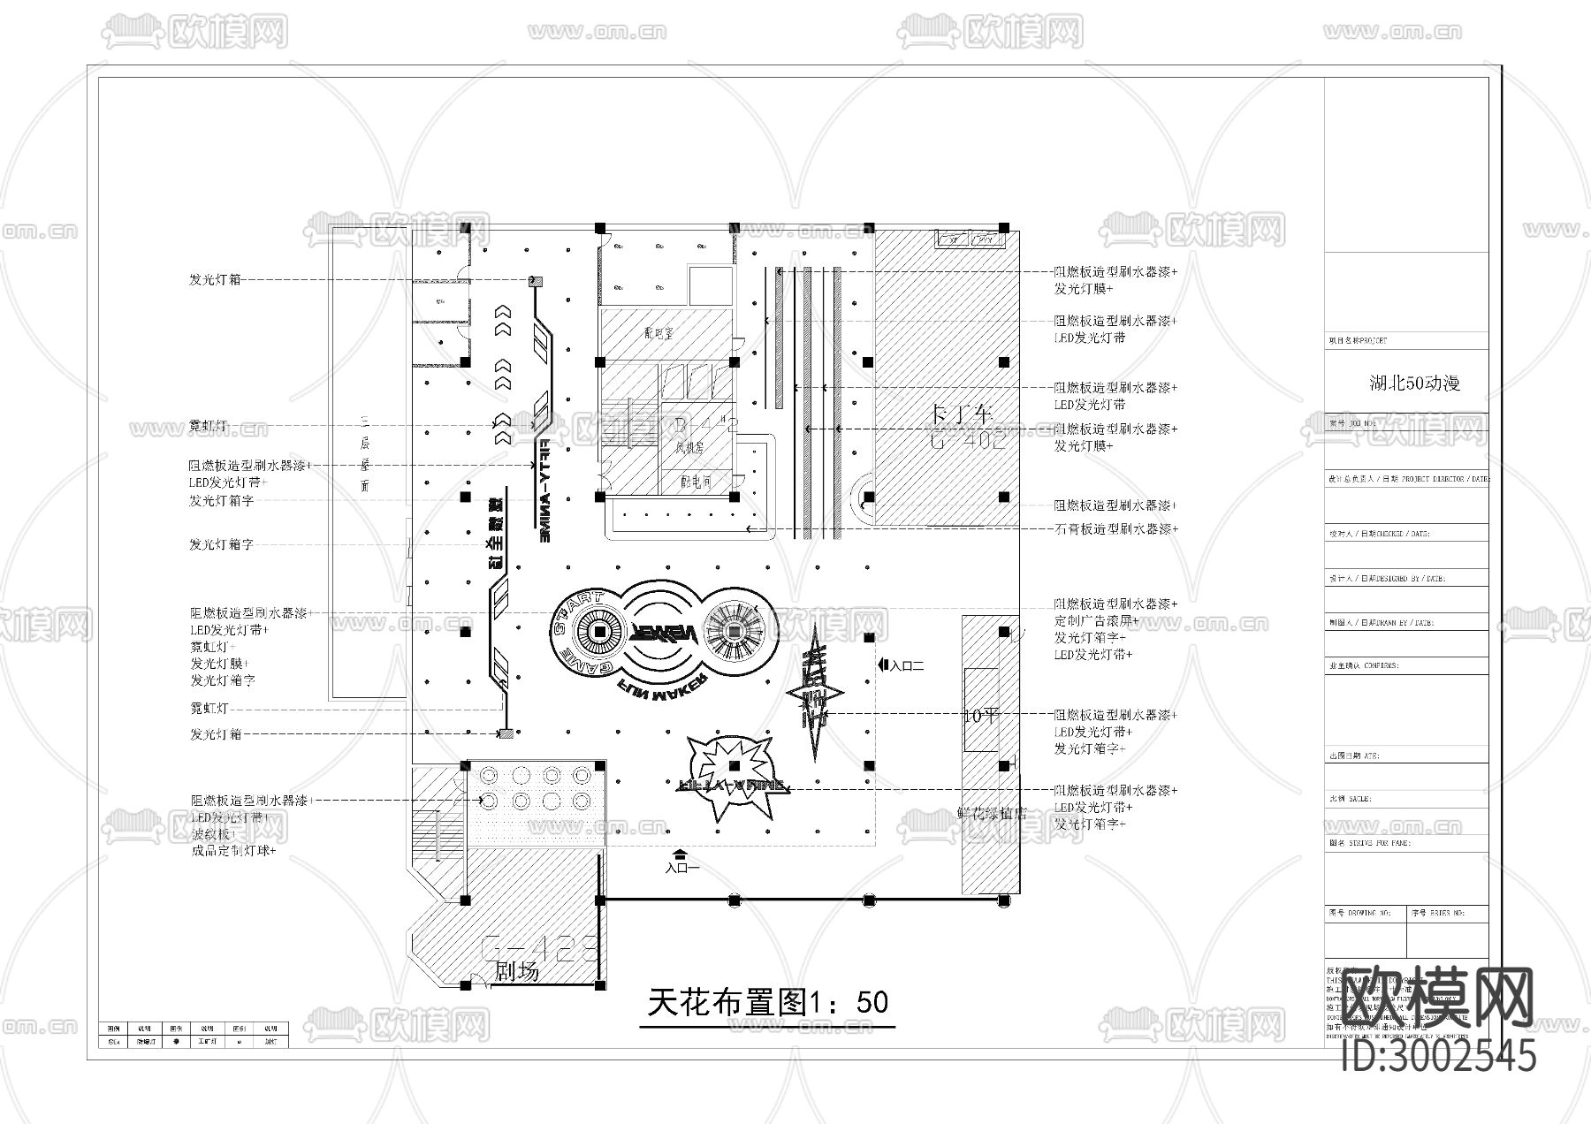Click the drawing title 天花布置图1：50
tap(767, 1002)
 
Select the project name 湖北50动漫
tap(1414, 384)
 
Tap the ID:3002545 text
tap(1439, 1056)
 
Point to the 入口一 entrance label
tap(681, 868)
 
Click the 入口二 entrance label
tap(907, 665)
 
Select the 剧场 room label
tap(517, 972)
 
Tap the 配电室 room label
tap(659, 333)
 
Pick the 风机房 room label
tap(690, 448)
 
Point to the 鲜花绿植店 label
tap(992, 813)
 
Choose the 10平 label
tap(980, 716)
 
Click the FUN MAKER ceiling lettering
tap(666, 688)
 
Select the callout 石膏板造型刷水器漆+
tap(1115, 529)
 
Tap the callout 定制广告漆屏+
tap(1096, 621)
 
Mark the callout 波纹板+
tap(212, 834)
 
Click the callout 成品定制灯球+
tap(233, 851)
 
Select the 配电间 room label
tap(697, 482)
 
